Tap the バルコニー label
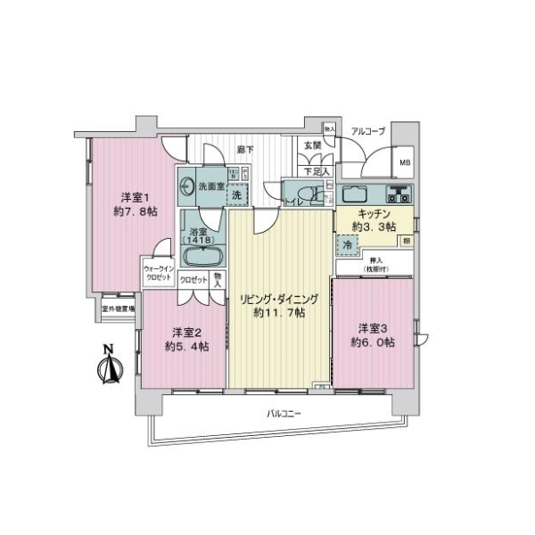tap(284, 414)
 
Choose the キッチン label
tap(372, 214)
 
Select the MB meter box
tap(405, 162)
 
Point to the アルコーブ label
tap(367, 131)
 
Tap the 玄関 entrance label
tap(312, 145)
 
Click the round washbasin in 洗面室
tap(187, 186)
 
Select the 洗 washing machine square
tap(237, 193)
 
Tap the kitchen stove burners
tap(394, 193)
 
